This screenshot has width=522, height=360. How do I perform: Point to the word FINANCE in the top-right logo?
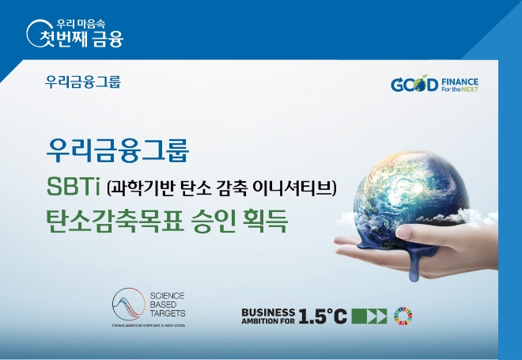(460, 80)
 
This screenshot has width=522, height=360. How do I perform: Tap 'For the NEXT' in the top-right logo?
(460, 89)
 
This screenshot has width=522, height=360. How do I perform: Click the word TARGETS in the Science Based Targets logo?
(168, 313)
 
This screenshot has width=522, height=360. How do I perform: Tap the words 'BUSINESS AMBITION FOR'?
(268, 316)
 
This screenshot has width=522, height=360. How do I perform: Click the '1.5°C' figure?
(323, 316)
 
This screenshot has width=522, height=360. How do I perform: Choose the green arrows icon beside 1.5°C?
(369, 316)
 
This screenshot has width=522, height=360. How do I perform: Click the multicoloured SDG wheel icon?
(403, 316)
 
